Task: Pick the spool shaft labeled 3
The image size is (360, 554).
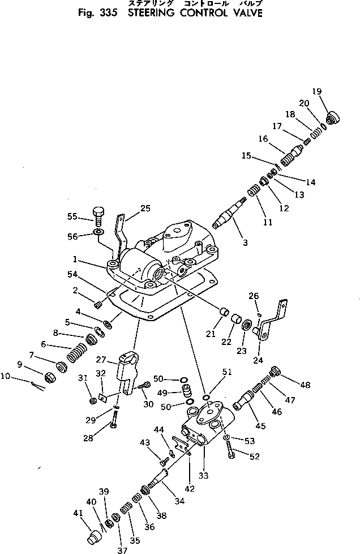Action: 229,216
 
